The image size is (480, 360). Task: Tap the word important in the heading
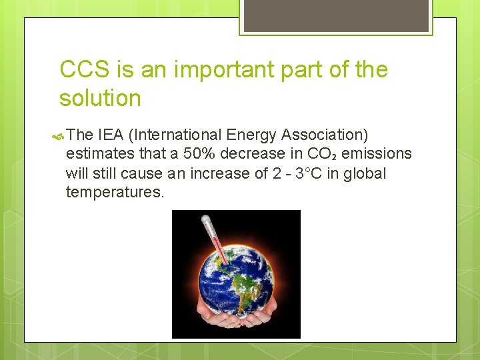tap(193, 69)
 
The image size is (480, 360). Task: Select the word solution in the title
tap(100, 99)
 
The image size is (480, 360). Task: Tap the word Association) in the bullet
tap(325, 135)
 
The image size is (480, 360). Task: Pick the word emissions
tap(377, 154)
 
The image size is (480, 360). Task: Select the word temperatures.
tap(115, 193)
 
